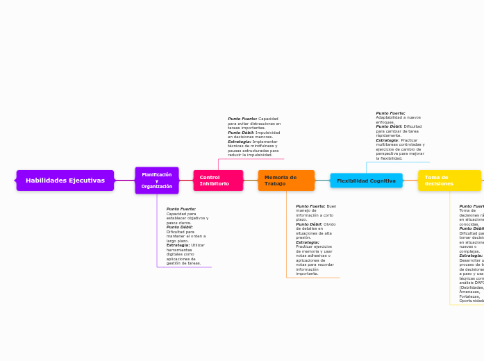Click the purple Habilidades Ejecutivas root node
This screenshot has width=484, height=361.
coord(65,180)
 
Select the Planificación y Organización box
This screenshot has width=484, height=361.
coord(156,180)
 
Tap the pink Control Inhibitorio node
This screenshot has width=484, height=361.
coord(218,180)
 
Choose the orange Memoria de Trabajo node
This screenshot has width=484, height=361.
coord(285,180)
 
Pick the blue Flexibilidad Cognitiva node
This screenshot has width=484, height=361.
coord(366,180)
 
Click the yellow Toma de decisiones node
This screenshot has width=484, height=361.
coord(449,180)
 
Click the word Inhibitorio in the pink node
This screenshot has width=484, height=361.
coord(214,184)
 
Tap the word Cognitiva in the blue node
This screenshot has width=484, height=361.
coord(382,180)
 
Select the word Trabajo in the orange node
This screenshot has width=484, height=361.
coord(275,184)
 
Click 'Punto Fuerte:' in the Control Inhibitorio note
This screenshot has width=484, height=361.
coord(242,119)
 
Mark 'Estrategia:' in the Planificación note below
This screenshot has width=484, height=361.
coord(178,245)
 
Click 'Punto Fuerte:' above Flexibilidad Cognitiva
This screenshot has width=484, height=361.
coord(390,113)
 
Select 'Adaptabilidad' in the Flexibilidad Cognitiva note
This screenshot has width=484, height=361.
coord(388,117)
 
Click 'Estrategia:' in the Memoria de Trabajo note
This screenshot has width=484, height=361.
coord(308,242)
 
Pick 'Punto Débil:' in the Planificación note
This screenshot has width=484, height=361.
coord(181,227)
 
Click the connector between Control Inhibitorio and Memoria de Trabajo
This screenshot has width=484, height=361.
coord(251,180)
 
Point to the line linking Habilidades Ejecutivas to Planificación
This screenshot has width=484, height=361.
coord(124,180)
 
